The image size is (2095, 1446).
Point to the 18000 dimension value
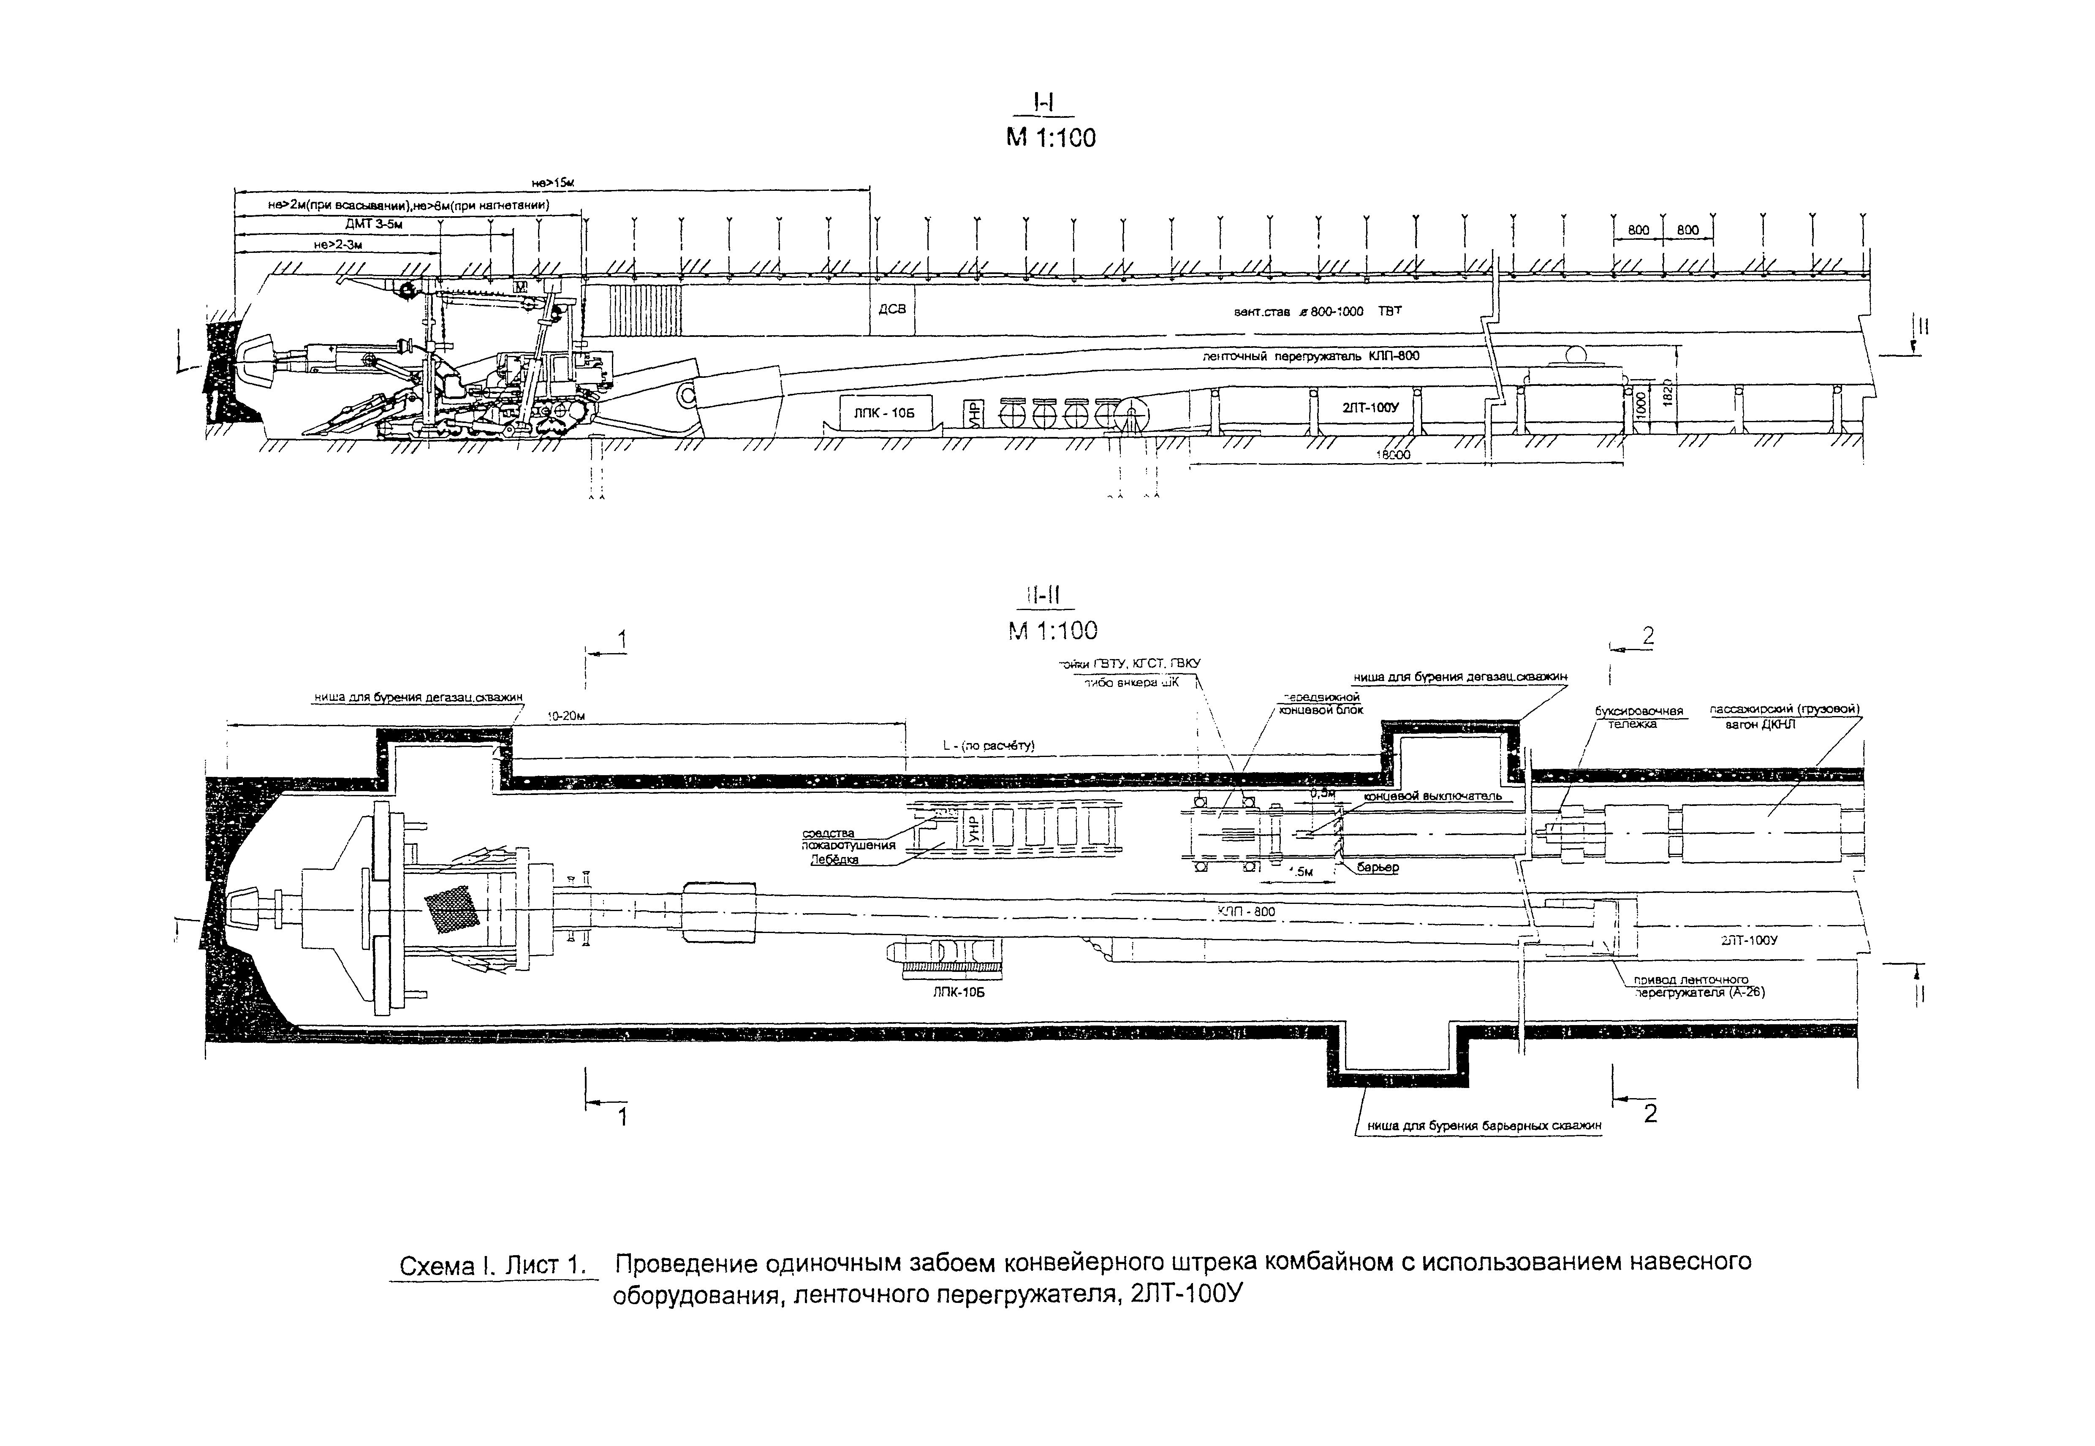1393,456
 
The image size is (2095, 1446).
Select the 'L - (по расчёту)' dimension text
988,746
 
